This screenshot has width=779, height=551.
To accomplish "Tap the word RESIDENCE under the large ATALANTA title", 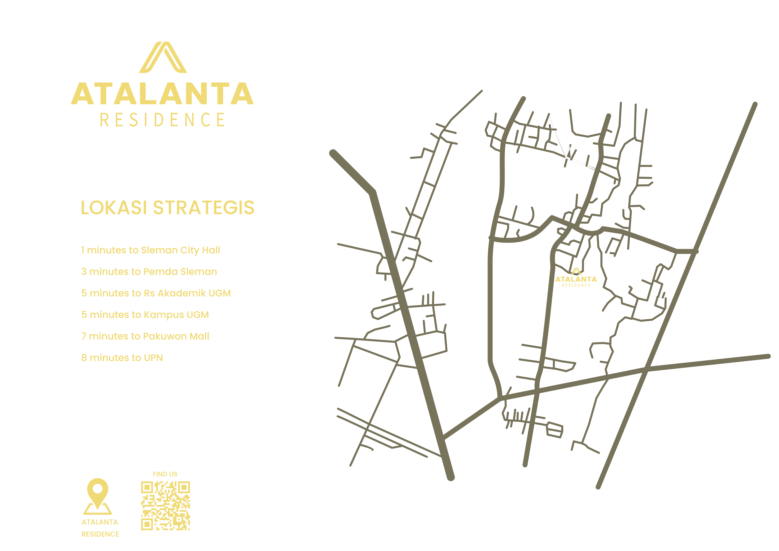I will click(162, 120).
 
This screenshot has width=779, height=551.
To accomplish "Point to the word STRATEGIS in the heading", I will click(204, 208).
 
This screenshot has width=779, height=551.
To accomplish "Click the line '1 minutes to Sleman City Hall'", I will click(150, 250).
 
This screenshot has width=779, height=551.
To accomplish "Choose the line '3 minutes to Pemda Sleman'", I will click(149, 272).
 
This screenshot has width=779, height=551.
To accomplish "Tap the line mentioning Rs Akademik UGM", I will click(156, 293).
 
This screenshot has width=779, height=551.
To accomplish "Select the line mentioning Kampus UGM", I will click(145, 315).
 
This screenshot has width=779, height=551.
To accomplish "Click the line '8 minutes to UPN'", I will click(122, 358).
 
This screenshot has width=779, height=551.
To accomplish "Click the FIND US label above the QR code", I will click(165, 474).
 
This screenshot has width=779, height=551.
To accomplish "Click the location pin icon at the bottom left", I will click(98, 496).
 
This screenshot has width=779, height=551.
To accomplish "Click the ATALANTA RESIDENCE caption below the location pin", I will click(100, 528).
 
